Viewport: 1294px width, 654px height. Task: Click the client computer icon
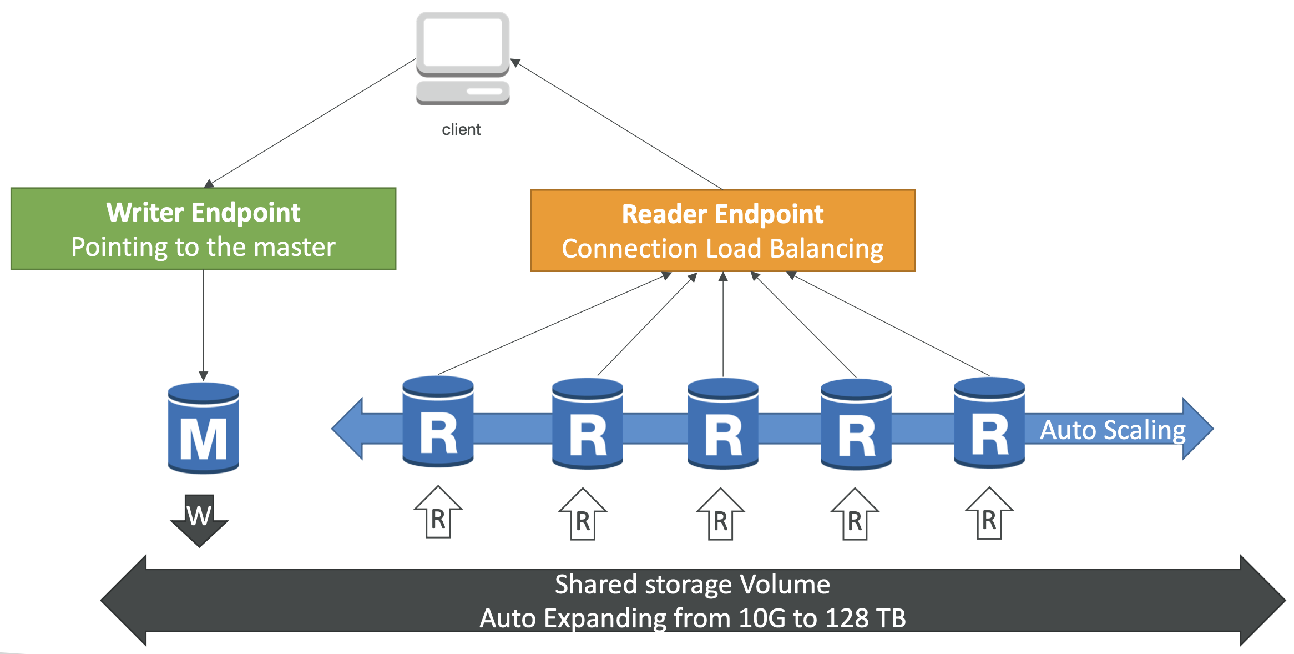(x=463, y=58)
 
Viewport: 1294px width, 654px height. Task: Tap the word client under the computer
(x=461, y=129)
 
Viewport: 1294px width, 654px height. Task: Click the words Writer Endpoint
(x=204, y=213)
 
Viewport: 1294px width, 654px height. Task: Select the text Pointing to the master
(x=204, y=247)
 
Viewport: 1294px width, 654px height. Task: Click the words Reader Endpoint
(x=722, y=214)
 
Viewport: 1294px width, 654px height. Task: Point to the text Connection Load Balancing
(x=722, y=249)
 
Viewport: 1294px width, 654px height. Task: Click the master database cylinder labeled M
(x=204, y=427)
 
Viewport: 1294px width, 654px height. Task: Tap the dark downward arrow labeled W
(x=199, y=520)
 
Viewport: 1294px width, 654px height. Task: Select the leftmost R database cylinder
(x=438, y=421)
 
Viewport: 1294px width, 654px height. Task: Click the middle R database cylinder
(x=723, y=424)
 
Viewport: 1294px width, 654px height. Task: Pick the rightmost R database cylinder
(x=989, y=422)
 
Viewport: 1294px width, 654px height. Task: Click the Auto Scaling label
(x=1113, y=431)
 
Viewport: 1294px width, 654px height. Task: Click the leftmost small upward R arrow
(x=438, y=512)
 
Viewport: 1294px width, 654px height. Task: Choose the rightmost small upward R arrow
(x=989, y=513)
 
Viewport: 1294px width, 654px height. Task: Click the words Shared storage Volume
(x=693, y=585)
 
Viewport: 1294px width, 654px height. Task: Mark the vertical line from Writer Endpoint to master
(x=204, y=325)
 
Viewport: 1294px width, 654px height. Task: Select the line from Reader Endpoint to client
(x=616, y=124)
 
